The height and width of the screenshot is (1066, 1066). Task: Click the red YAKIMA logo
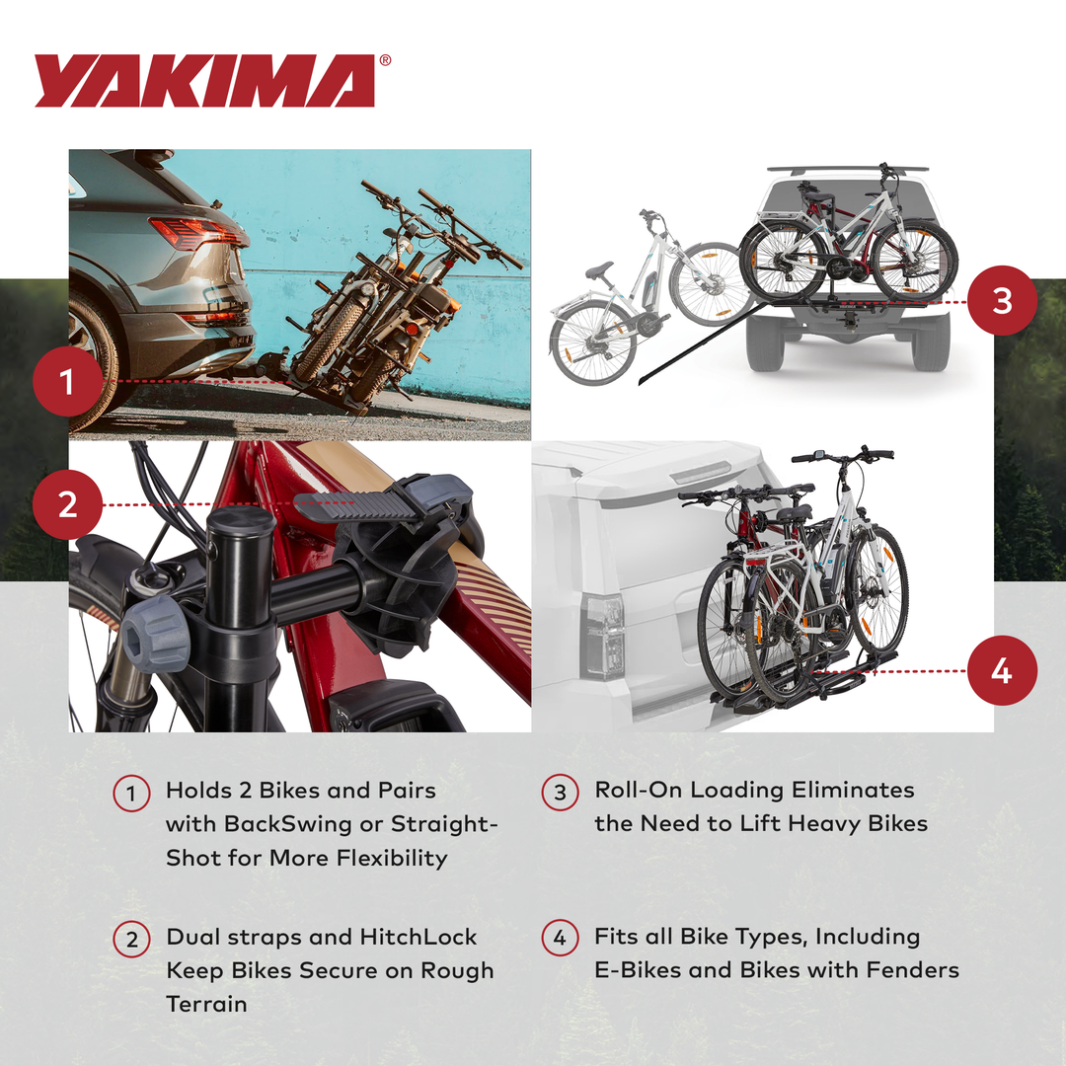(x=205, y=81)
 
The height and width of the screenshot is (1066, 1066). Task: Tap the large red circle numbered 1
(x=67, y=381)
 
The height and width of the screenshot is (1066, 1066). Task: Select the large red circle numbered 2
(x=67, y=504)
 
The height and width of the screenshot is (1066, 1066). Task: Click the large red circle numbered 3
(x=1002, y=300)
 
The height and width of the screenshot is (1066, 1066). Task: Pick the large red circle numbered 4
(x=1002, y=671)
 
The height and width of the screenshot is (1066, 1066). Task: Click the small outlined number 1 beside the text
(x=131, y=794)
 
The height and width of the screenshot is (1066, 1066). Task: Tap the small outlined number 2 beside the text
(x=131, y=940)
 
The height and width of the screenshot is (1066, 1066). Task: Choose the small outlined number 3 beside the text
(x=560, y=794)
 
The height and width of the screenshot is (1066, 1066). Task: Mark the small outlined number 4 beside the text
(x=560, y=940)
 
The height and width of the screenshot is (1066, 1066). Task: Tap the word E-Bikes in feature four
(x=638, y=970)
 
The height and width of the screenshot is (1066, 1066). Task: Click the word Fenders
(x=912, y=970)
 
